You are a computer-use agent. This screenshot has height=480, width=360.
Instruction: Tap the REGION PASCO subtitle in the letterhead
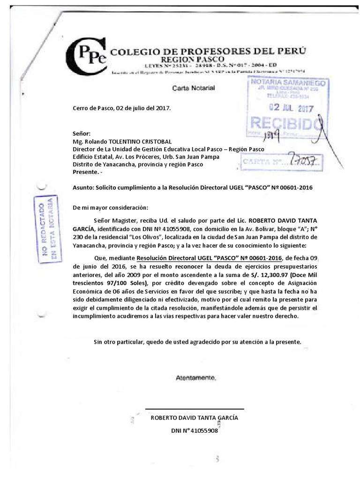tap(193, 60)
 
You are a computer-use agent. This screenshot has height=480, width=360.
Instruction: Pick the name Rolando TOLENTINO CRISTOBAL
tap(128, 142)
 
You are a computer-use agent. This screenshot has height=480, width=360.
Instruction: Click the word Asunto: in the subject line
tap(83, 187)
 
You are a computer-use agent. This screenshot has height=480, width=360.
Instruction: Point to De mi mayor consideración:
tap(110, 208)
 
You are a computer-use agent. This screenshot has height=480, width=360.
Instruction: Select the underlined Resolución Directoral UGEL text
tap(209, 258)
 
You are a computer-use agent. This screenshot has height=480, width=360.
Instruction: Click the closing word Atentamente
tap(196, 377)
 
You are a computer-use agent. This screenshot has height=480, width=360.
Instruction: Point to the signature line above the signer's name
tap(195, 409)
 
